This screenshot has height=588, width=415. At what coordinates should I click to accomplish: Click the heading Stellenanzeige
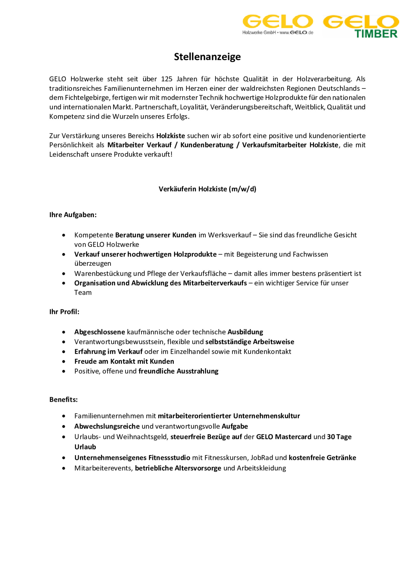tap(207, 57)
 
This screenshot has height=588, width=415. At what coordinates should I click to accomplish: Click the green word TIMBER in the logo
tap(376, 34)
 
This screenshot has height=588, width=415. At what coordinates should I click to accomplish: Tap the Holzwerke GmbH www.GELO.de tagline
tap(277, 32)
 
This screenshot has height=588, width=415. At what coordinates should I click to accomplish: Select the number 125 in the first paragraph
tap(167, 79)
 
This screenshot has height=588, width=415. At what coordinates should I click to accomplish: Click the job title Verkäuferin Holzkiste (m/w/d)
tap(207, 189)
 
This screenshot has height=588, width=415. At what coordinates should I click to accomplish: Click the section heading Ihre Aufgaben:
tap(73, 215)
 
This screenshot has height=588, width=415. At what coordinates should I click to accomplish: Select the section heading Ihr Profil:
tap(64, 312)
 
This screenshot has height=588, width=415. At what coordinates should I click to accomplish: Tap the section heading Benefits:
tap(63, 399)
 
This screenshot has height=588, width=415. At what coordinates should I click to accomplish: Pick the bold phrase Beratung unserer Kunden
tap(155, 235)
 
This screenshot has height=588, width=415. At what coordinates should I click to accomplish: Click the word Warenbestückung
tap(103, 274)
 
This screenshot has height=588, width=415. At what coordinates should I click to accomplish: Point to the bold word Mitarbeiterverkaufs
tap(215, 283)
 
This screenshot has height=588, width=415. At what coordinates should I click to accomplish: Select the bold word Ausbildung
tap(245, 332)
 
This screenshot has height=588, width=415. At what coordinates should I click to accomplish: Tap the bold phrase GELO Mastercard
tap(283, 437)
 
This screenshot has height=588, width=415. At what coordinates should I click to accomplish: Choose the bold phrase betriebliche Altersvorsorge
tap(178, 468)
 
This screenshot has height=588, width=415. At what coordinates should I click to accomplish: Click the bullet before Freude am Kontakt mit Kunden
tap(64, 362)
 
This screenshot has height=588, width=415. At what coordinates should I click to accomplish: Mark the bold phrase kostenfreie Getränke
tap(322, 458)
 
